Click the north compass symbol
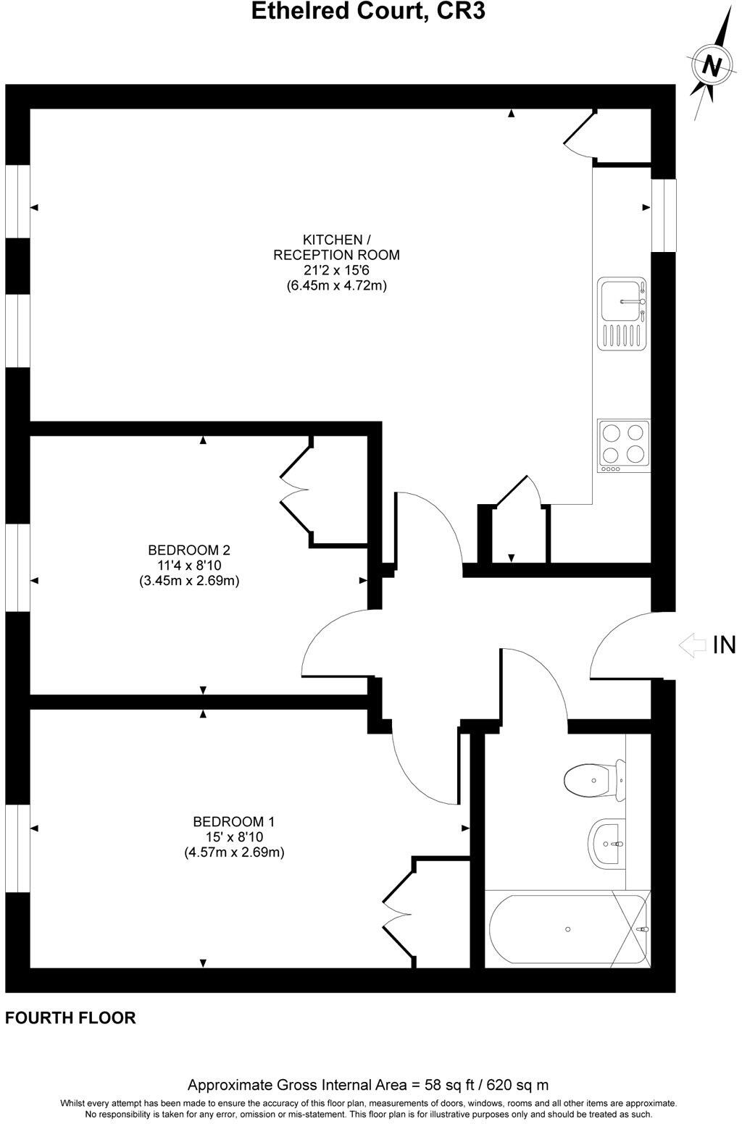712,66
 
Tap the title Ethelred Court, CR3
368,12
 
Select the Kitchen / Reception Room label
336,247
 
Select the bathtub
567,929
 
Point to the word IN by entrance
724,645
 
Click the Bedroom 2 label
189,550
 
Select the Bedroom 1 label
233,822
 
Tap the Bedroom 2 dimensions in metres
189,581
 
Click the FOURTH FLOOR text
70,1018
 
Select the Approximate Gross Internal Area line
368,1085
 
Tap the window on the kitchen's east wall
663,215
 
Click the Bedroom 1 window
17,847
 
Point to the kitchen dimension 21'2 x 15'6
336,270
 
